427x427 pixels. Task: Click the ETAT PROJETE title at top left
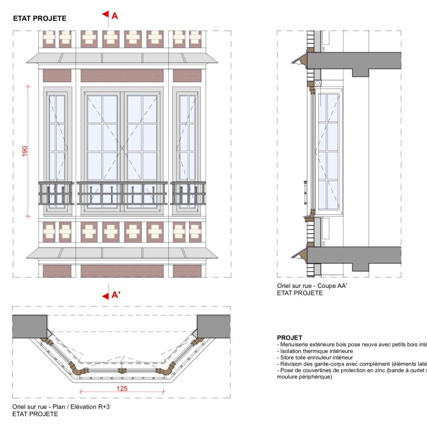40,19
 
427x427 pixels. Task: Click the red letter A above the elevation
114,16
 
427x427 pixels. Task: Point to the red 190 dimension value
25,151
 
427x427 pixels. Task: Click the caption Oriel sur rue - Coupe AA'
307,285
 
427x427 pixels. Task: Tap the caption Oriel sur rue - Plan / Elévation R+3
60,406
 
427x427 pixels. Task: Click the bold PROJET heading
290,337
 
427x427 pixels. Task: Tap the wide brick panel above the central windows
122,76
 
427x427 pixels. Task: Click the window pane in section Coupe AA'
328,152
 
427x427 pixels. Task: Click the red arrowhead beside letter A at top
105,15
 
